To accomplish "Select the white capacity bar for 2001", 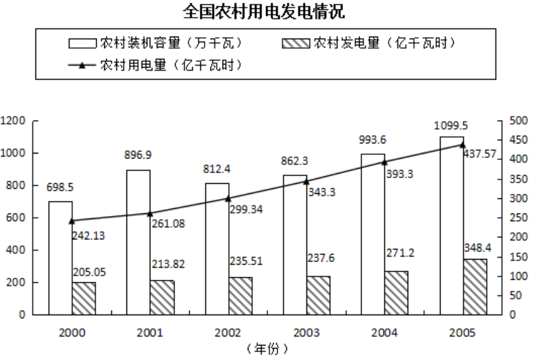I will pyautogui.click(x=138, y=242).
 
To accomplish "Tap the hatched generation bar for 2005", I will pyautogui.click(x=475, y=286).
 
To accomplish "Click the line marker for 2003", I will pyautogui.click(x=307, y=181).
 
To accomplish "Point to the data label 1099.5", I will pyautogui.click(x=451, y=126).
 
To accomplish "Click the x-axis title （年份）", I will pyautogui.click(x=267, y=348).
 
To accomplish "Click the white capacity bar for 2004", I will pyautogui.click(x=373, y=234).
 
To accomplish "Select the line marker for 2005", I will pyautogui.click(x=463, y=145).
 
